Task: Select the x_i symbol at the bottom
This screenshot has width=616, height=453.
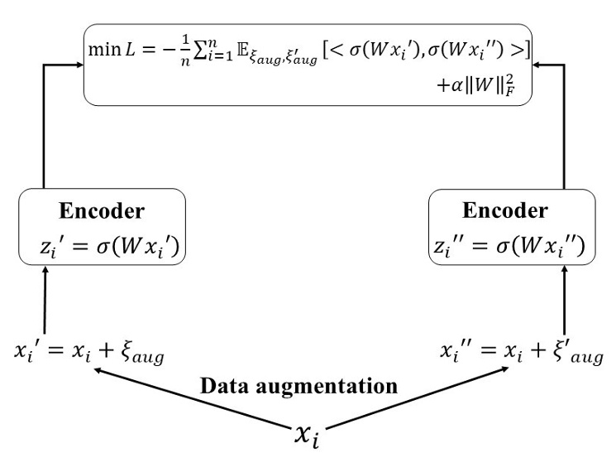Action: click(308, 431)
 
